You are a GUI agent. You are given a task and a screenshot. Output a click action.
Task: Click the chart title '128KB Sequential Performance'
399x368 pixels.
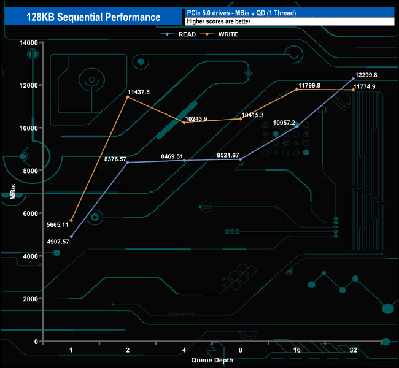(93, 17)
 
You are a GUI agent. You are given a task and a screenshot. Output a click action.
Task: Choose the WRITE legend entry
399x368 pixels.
(227, 34)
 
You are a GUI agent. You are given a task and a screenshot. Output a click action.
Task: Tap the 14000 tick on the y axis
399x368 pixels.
(28, 42)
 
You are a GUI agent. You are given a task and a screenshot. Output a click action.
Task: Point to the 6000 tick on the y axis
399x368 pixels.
(30, 213)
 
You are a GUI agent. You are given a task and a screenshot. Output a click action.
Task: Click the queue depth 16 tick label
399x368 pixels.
(297, 350)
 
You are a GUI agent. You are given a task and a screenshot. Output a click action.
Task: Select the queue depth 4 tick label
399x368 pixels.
(184, 350)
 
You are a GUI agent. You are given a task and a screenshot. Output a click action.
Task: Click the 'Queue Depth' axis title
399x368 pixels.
(212, 360)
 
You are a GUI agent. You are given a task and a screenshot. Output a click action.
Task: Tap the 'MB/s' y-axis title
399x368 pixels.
(13, 192)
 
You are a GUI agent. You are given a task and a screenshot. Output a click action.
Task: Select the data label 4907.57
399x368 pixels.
(57, 241)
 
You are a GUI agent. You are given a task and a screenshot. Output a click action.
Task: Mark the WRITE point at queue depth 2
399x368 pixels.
(128, 97)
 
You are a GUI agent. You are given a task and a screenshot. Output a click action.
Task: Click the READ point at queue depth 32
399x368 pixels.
(353, 79)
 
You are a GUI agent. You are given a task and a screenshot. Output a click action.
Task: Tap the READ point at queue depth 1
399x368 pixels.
(71, 236)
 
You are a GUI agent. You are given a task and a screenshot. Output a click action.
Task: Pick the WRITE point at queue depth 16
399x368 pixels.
(297, 90)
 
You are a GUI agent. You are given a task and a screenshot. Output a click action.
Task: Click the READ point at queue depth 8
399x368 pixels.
(241, 159)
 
